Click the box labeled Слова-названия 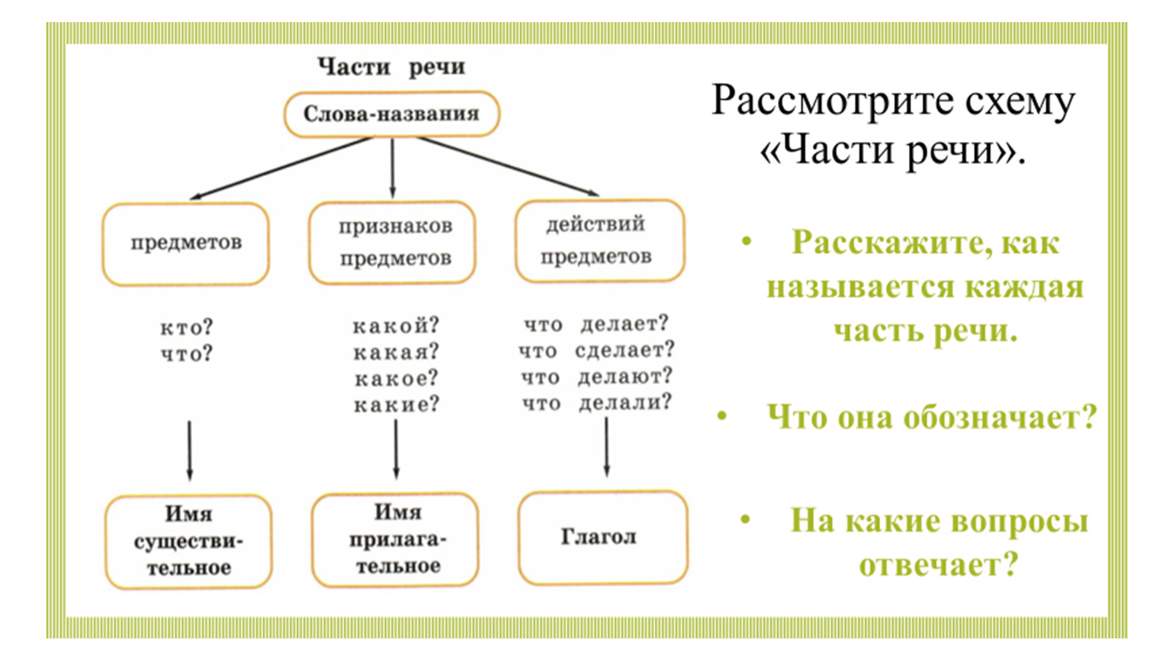pos(391,114)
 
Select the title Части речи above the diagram pos(391,67)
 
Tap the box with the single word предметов pos(186,243)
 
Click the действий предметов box pos(599,240)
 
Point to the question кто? pos(186,328)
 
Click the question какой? pos(396,326)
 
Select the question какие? pos(397,404)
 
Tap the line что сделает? pos(596,351)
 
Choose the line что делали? pos(596,403)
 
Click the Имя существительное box pos(188,541)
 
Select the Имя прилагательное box pos(397,539)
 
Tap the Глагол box pos(601,537)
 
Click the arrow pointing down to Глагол pos(606,448)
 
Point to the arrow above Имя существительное pos(189,450)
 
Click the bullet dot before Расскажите pos(747,242)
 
